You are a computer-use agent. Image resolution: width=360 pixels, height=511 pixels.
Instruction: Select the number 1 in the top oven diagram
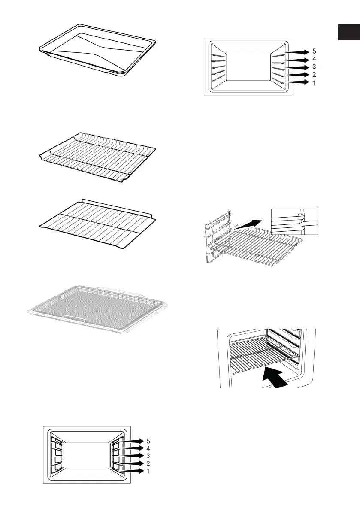[314, 83]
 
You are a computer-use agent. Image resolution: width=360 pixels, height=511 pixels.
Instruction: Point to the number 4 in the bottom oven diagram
[148, 448]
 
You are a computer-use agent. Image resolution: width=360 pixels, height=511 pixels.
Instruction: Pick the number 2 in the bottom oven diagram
[148, 463]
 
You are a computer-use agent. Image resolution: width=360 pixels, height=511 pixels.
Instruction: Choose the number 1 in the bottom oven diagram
[148, 471]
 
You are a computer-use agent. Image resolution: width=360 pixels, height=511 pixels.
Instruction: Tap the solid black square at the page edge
[348, 33]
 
